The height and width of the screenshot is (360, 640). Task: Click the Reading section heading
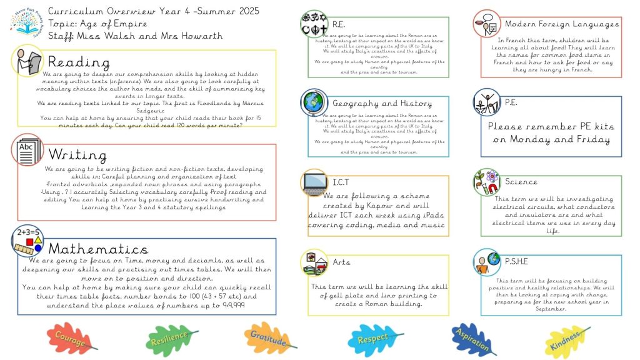pyautogui.click(x=79, y=62)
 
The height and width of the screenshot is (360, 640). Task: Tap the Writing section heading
pyautogui.click(x=77, y=154)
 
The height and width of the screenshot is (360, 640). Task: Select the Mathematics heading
pyautogui.click(x=98, y=249)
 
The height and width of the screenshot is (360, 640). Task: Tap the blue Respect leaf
pyautogui.click(x=372, y=339)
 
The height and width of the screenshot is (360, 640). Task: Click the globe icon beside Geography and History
pyautogui.click(x=314, y=102)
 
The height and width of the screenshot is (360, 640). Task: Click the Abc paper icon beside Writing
pyautogui.click(x=27, y=151)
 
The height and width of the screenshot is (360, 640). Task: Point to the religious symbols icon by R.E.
pyautogui.click(x=314, y=23)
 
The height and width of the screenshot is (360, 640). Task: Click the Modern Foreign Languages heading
pyautogui.click(x=562, y=24)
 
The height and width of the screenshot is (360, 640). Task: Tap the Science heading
pyautogui.click(x=521, y=182)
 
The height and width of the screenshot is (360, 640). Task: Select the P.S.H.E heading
pyautogui.click(x=516, y=261)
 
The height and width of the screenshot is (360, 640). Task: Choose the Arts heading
pyautogui.click(x=341, y=262)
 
